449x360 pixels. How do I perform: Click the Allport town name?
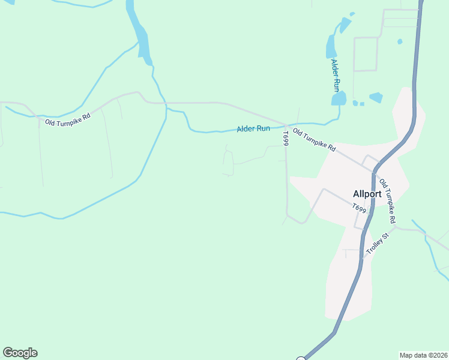[367, 194]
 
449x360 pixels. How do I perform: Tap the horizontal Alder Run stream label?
[253, 129]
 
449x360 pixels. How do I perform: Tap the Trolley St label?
[378, 242]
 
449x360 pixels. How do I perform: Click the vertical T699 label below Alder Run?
[286, 137]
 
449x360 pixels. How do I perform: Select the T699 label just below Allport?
[359, 208]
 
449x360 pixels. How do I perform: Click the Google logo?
[20, 353]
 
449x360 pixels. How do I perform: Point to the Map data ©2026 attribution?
[423, 355]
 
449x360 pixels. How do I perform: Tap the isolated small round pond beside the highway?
[400, 42]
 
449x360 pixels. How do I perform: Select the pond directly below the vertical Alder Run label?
[339, 98]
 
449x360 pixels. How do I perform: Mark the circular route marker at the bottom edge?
[301, 358]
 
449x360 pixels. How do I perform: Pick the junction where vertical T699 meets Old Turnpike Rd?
[285, 125]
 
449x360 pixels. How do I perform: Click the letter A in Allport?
[356, 194]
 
